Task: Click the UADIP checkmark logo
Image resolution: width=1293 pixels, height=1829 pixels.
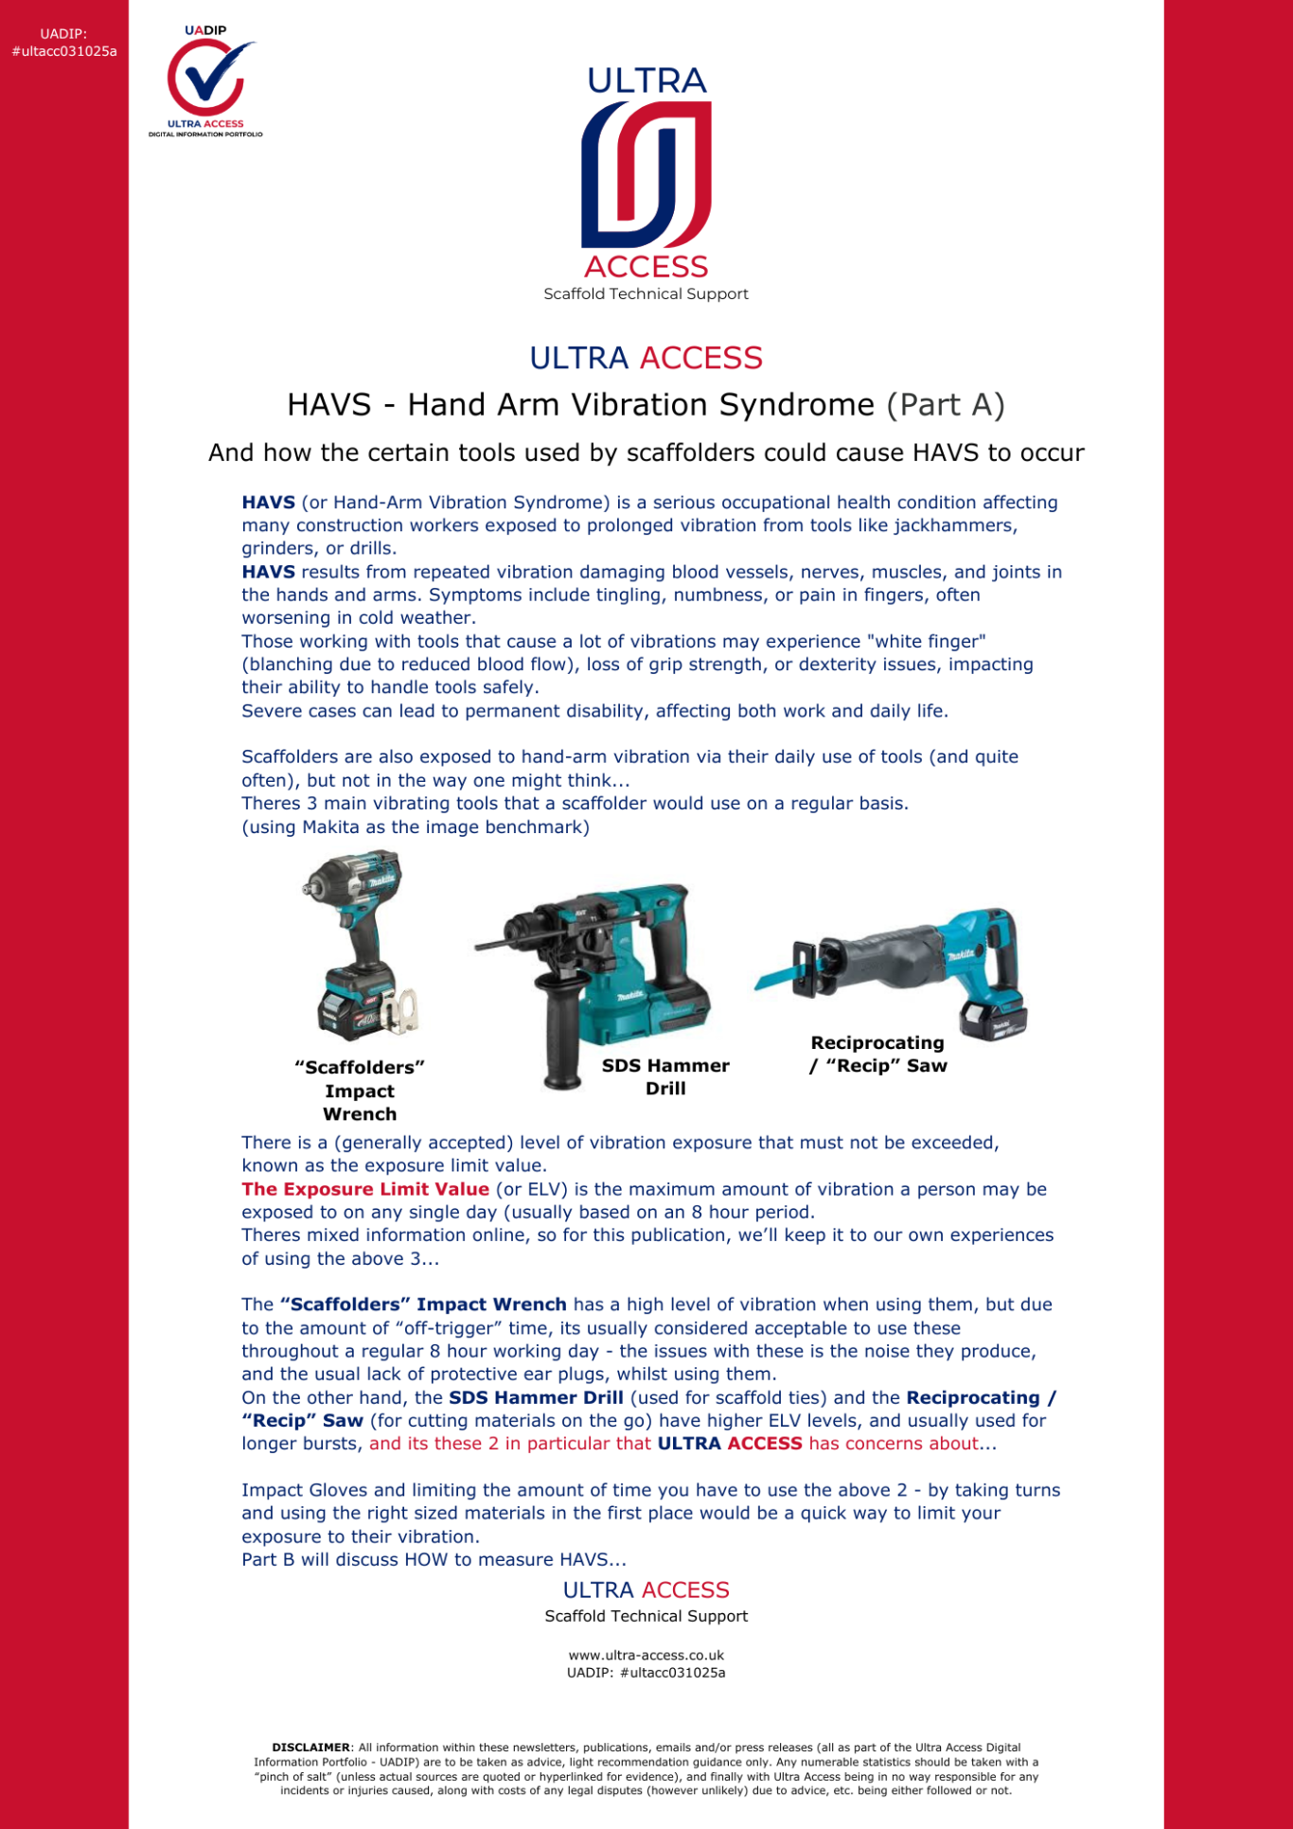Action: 205,80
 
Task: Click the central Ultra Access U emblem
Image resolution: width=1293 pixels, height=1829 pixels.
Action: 646,174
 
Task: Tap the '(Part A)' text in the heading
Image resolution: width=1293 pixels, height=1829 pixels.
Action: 945,405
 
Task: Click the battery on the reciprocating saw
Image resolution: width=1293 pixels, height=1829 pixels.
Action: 992,1017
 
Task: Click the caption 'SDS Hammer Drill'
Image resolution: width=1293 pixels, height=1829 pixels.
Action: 665,1077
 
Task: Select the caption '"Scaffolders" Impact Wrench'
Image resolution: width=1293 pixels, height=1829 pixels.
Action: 360,1091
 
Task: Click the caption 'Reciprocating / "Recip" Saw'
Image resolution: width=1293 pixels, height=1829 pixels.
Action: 877,1054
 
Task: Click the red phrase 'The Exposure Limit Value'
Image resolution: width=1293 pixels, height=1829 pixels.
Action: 365,1189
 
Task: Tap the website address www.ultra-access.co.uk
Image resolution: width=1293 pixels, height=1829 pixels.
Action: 646,1656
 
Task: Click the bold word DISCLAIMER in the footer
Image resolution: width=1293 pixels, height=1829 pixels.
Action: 310,1748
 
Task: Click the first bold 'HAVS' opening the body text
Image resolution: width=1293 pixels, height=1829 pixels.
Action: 268,503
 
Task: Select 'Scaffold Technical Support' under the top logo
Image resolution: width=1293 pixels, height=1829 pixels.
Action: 646,294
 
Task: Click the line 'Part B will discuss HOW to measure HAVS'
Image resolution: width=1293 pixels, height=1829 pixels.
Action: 434,1559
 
